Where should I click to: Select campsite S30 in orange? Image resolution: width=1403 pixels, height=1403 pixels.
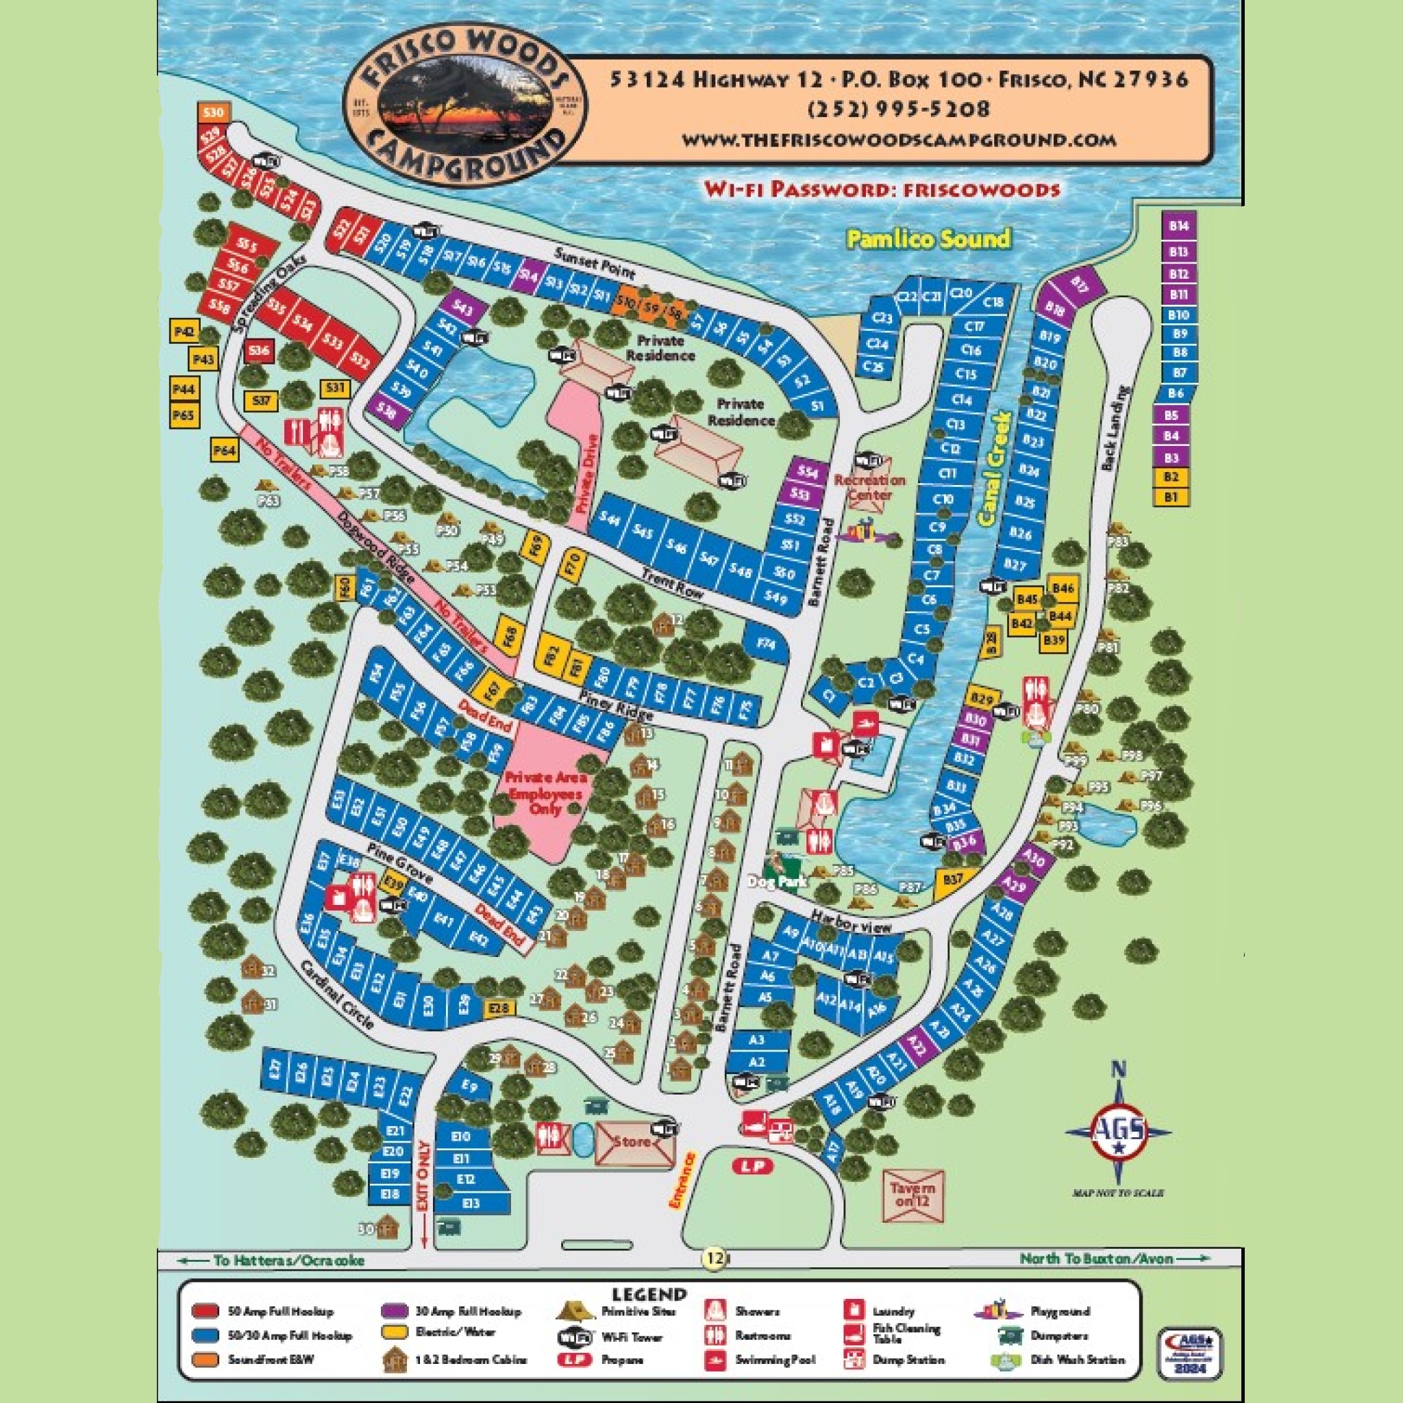[213, 112]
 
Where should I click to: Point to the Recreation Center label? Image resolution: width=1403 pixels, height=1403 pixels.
[869, 487]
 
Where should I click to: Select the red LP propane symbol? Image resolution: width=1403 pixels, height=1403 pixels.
[753, 1167]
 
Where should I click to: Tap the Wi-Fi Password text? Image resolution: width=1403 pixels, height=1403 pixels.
[882, 190]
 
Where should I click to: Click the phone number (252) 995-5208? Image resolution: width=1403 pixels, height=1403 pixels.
[898, 110]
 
